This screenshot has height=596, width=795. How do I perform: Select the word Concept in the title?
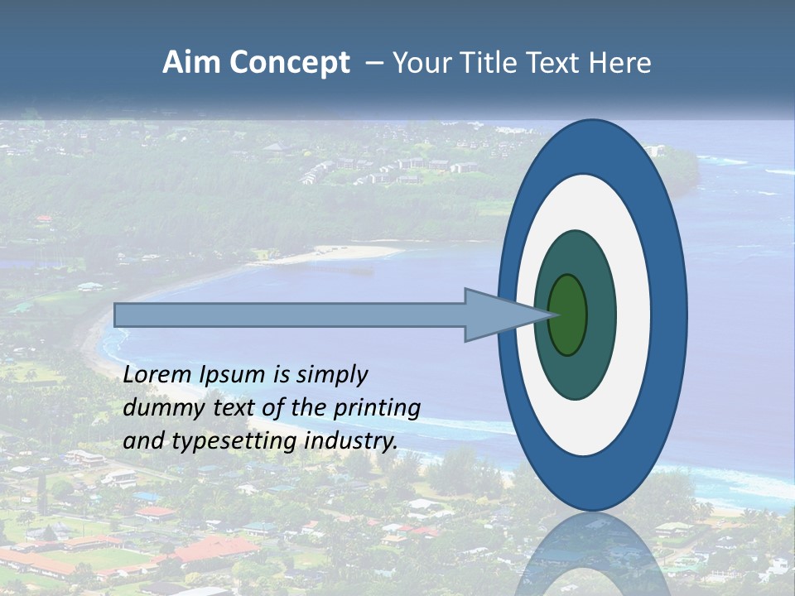(289, 63)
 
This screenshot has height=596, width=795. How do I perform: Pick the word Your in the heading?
(419, 63)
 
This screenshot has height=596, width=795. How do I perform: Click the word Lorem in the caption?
(157, 375)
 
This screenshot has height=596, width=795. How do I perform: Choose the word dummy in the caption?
(159, 408)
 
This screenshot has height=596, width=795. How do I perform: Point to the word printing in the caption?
(376, 408)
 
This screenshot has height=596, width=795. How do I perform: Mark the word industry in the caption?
(351, 441)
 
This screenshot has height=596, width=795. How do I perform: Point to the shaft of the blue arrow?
(290, 315)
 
